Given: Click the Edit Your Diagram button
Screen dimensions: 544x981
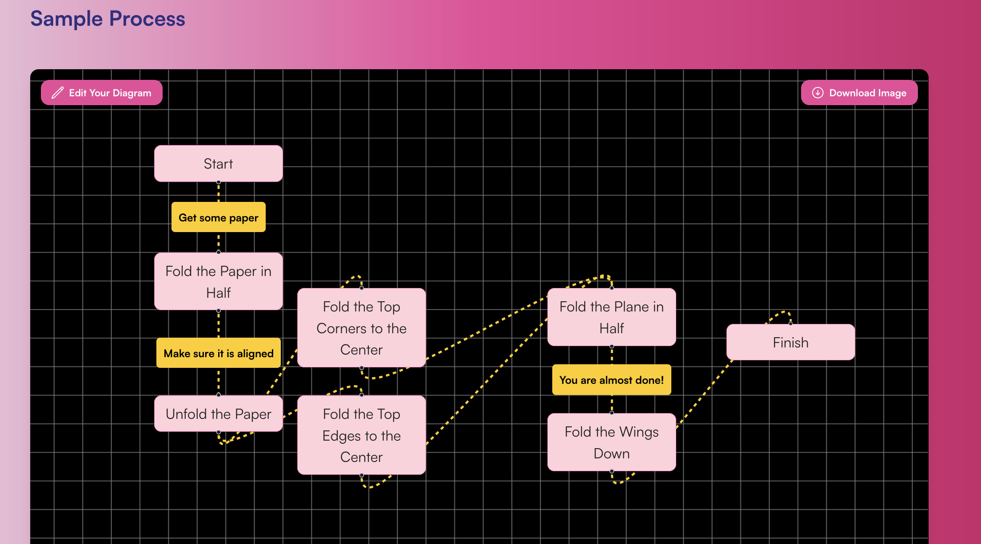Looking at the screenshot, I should pos(102,93).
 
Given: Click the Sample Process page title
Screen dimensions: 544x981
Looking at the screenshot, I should pos(108,19).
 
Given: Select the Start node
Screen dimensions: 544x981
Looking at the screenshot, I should pos(218,163).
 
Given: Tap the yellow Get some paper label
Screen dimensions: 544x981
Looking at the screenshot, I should pos(218,217).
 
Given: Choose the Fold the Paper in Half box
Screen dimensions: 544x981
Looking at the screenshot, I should pos(218,281).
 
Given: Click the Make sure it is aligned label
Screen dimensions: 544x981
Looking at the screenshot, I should pos(218,353).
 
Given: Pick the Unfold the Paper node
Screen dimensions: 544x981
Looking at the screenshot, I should pos(218,414).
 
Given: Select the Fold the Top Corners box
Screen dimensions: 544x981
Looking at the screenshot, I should pos(361,328).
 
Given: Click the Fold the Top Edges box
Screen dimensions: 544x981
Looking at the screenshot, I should pos(361,435).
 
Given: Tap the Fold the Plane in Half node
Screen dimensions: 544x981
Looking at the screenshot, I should pos(611,317).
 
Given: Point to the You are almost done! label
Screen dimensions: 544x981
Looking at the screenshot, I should pos(611,380).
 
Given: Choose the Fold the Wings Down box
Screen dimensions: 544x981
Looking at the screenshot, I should pos(611,442).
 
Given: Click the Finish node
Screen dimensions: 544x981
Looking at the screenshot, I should pos(790,342).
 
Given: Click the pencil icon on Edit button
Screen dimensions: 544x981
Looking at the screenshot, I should pos(58,93).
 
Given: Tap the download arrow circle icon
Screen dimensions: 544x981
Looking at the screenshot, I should pos(817,93).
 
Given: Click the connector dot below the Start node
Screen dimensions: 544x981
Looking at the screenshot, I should pos(218,182).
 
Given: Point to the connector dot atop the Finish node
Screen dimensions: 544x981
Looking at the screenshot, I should pos(790,323).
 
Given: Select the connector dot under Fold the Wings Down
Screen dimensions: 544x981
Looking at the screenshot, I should pos(611,471).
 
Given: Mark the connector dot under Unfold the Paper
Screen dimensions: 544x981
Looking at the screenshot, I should pos(218,432).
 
